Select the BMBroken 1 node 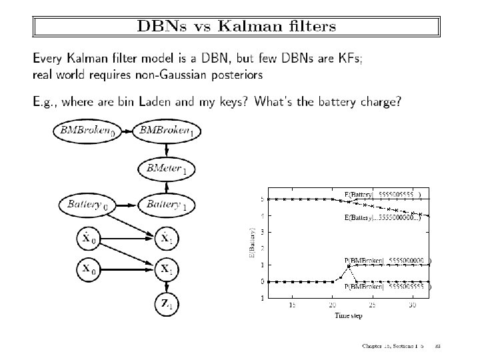click(167, 131)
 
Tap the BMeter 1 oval click(167, 169)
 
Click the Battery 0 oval click(85, 204)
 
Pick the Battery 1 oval click(167, 204)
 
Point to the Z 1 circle click(167, 305)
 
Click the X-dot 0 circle click(89, 237)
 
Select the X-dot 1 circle click(167, 237)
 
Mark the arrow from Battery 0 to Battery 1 click(124, 204)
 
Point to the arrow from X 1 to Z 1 click(167, 286)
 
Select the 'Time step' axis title click(348, 315)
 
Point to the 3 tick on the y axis click(262, 232)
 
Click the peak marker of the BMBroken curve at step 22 click(348, 266)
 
